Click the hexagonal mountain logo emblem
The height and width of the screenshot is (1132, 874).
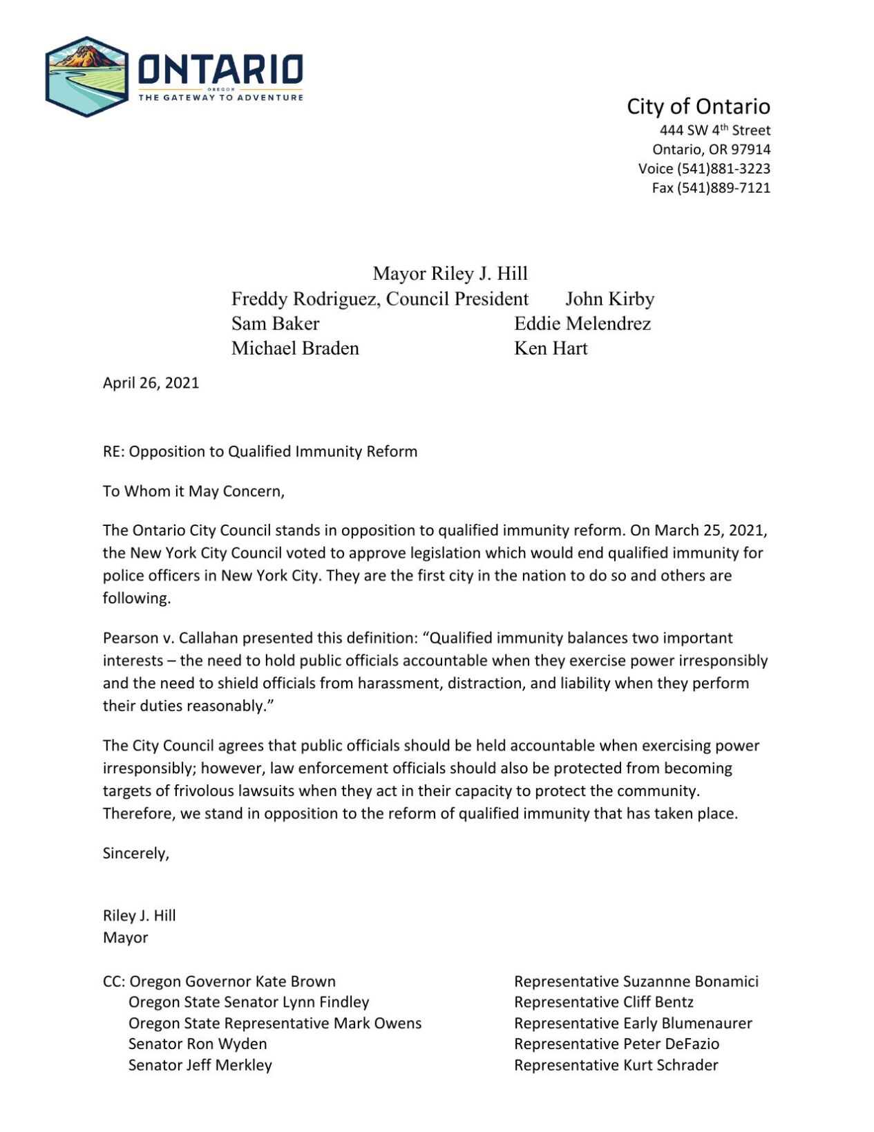click(x=86, y=77)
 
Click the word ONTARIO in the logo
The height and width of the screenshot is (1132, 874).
click(x=220, y=70)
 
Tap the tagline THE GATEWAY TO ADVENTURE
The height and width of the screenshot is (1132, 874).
click(x=220, y=97)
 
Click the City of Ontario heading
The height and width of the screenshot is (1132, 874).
click(x=698, y=106)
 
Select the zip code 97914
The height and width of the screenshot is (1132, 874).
click(x=751, y=149)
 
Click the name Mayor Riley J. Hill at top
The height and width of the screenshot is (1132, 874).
click(x=450, y=274)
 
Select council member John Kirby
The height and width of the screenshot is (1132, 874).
click(x=609, y=299)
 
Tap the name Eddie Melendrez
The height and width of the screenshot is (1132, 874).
click(x=582, y=323)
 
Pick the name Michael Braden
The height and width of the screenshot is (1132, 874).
click(x=295, y=348)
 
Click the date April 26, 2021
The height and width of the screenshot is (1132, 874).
click(x=151, y=383)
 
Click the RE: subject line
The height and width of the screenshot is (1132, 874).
click(x=260, y=451)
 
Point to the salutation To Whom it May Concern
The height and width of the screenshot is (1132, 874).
click(x=193, y=491)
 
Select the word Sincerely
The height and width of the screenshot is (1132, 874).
click(x=135, y=853)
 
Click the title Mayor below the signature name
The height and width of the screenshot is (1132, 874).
click(x=125, y=938)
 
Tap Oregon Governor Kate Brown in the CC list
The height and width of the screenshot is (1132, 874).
click(x=232, y=981)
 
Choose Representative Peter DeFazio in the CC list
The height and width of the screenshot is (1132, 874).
click(x=616, y=1044)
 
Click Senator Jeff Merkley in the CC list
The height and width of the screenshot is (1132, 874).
click(x=200, y=1065)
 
